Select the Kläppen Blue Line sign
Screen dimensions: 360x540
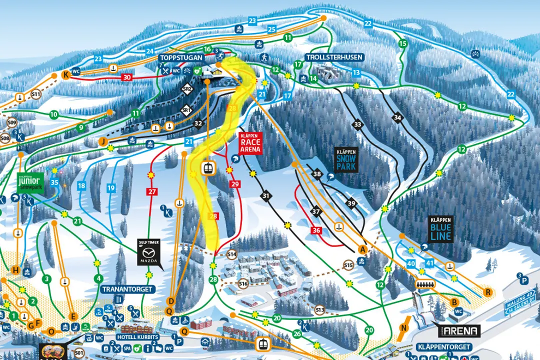(x=440, y=229)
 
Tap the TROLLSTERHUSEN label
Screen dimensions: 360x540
(x=333, y=57)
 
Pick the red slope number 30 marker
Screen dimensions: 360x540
(x=127, y=77)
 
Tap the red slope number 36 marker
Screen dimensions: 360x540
(x=315, y=230)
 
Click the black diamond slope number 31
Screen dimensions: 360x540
(x=265, y=196)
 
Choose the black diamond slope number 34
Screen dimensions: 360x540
(x=397, y=118)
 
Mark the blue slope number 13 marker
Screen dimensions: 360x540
(x=355, y=73)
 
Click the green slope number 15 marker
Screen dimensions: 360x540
(x=402, y=44)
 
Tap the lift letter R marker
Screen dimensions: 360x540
(x=487, y=292)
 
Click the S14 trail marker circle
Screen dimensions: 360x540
(x=231, y=254)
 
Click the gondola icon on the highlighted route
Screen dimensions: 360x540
(x=207, y=168)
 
